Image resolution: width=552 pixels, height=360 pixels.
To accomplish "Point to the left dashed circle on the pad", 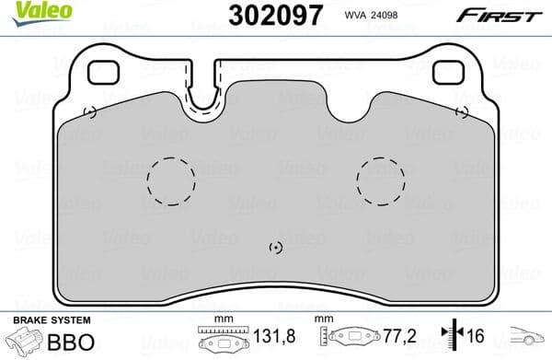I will tap(171, 180).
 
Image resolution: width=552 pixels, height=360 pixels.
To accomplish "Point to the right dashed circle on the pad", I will tap(380, 180).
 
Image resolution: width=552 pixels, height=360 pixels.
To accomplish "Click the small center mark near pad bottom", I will tap(273, 248).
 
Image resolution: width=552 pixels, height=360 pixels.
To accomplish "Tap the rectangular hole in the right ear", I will tap(448, 71).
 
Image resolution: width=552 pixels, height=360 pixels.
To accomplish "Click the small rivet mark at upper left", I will tap(89, 113).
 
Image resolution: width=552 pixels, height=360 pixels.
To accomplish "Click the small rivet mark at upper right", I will tap(462, 112).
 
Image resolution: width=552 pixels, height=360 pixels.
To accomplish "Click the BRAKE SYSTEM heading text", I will tap(50, 320).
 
